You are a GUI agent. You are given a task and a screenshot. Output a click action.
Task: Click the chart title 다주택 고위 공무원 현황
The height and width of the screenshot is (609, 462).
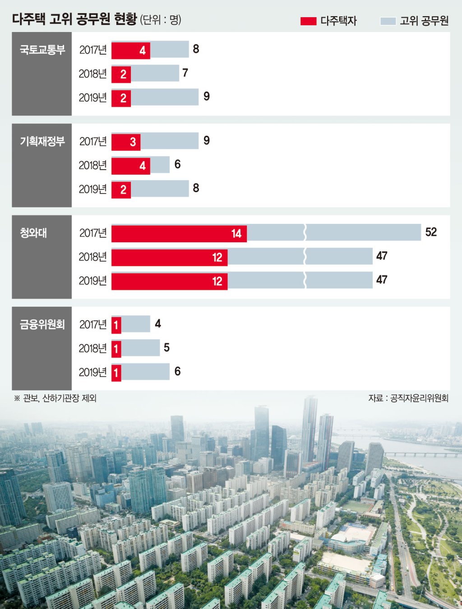tap(74, 19)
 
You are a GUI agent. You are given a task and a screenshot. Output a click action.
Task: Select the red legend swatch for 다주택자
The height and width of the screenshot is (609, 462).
tap(308, 21)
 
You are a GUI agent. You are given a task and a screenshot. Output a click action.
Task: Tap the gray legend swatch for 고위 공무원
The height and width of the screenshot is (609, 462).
tap(388, 21)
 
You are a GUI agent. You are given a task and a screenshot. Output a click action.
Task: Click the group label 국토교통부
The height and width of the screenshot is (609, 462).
tap(42, 50)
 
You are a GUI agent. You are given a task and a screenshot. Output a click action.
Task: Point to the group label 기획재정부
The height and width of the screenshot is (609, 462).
tap(42, 142)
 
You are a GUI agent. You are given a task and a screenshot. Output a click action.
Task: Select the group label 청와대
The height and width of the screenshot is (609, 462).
tap(33, 233)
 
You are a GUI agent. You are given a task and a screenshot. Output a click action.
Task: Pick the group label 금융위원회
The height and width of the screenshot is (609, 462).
tap(42, 324)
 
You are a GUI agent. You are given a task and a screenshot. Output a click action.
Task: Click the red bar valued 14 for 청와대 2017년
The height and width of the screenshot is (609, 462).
tap(179, 234)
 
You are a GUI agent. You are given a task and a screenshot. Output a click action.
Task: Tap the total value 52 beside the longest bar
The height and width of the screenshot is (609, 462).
tap(431, 232)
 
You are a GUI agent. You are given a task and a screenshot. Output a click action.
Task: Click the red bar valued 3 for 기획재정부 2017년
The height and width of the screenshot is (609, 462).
tap(126, 142)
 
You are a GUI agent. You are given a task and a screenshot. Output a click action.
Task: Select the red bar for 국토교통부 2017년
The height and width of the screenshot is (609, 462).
tap(131, 51)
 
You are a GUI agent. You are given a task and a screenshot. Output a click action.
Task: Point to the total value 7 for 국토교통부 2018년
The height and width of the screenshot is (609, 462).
tap(185, 73)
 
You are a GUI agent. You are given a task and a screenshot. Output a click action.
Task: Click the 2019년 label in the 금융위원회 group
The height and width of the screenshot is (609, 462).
tap(92, 372)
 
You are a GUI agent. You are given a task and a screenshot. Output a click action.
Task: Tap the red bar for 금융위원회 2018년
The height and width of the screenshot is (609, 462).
tap(116, 349)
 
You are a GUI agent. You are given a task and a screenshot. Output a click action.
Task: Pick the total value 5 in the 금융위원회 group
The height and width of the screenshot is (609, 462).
tap(166, 347)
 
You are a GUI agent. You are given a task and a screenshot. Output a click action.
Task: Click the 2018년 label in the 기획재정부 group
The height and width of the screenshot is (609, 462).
tap(92, 166)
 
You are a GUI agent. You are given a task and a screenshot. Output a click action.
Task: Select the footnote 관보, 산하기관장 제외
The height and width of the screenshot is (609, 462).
tap(60, 398)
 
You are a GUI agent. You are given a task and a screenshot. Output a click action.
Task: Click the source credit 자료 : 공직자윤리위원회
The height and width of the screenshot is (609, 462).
tap(408, 398)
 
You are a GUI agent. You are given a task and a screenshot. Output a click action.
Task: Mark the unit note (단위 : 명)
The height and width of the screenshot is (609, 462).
tap(161, 20)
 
